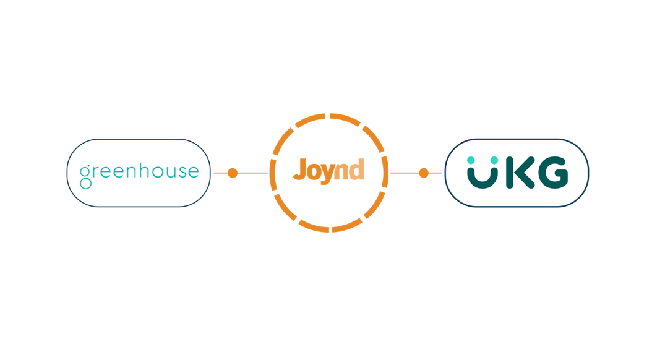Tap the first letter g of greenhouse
coord(85,176)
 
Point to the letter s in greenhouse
coord(181,173)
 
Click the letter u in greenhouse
coord(170,173)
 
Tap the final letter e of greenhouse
coord(194,173)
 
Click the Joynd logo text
coord(328,171)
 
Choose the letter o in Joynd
coord(314,172)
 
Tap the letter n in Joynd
coord(341,171)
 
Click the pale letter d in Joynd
coord(356,169)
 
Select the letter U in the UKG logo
coord(483,179)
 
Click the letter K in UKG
coord(520,173)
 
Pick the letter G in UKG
coord(552,173)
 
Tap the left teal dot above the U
coord(471,160)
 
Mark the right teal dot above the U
coord(494,160)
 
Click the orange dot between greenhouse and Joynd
coord(233,173)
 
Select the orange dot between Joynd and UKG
coord(424,173)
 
